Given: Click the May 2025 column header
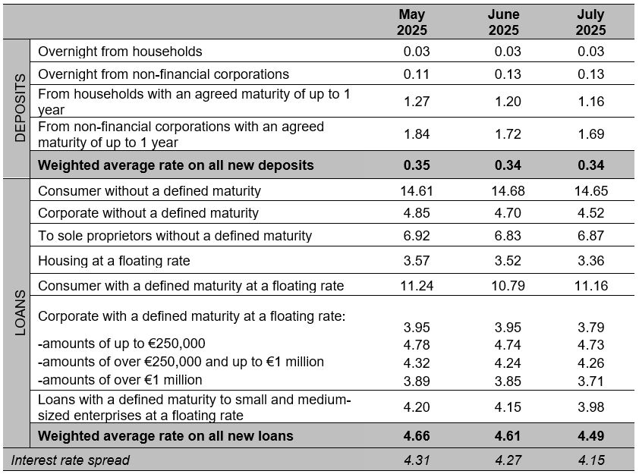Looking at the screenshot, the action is [x=412, y=22].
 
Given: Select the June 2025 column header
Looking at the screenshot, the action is [x=504, y=22].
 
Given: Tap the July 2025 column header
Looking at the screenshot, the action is [x=590, y=22].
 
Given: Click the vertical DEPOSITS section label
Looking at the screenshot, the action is [x=20, y=108].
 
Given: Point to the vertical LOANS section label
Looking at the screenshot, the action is [x=20, y=312].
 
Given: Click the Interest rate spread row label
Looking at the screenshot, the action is [x=70, y=460].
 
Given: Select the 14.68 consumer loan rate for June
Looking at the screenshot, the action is [x=508, y=190].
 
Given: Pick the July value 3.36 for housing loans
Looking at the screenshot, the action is [x=591, y=261].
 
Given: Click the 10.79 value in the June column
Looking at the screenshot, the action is [x=508, y=285].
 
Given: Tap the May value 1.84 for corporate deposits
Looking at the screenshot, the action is [x=417, y=134].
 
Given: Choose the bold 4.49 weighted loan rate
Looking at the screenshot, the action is [x=591, y=436].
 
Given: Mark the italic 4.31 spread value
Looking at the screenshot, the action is [x=417, y=460].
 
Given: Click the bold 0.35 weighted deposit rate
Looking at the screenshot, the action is [x=417, y=165].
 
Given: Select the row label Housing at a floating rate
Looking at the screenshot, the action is [x=114, y=261].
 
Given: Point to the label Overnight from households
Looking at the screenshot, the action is [x=120, y=52].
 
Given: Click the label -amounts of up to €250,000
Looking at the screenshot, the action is [x=121, y=344].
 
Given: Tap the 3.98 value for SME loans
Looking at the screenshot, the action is [x=591, y=407].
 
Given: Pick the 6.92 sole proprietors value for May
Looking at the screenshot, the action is [x=417, y=235].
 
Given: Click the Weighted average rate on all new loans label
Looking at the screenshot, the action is [x=165, y=436].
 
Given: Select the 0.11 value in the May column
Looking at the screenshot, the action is [x=417, y=74].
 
